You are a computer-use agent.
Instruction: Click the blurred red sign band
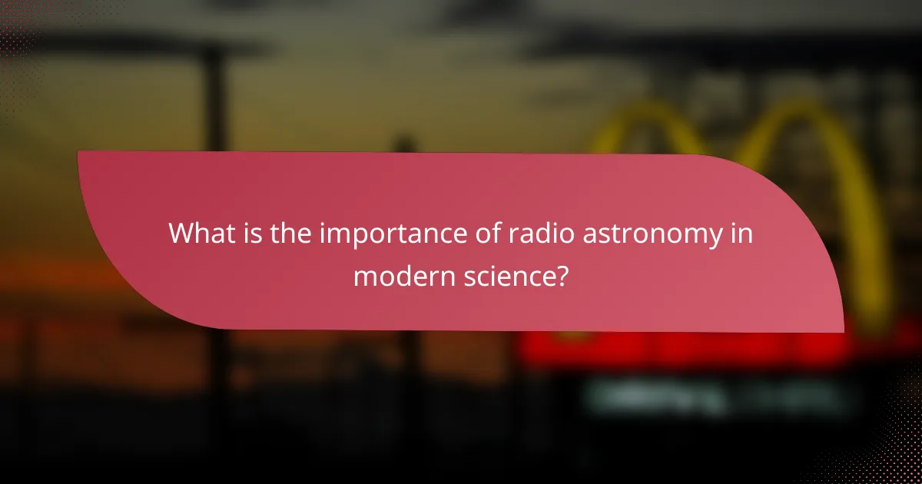(691, 350)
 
